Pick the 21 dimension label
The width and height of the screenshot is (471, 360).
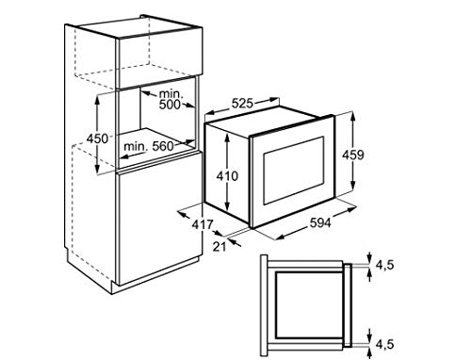point(219,246)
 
